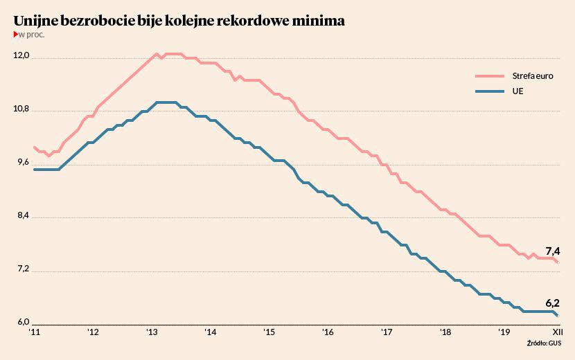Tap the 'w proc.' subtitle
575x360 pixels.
[30, 35]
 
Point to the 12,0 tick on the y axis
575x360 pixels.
[21, 57]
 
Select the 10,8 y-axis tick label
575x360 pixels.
[21, 110]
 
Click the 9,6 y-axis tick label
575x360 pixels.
[21, 163]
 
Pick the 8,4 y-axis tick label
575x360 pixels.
[21, 217]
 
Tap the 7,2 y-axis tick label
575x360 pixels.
[21, 270]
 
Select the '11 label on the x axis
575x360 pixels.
[35, 333]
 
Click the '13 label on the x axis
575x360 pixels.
[152, 333]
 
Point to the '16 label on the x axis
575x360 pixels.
[328, 333]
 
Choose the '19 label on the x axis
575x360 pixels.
[505, 333]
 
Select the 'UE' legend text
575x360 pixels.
[517, 91]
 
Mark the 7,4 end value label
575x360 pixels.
[552, 251]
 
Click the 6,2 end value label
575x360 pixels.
[552, 303]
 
